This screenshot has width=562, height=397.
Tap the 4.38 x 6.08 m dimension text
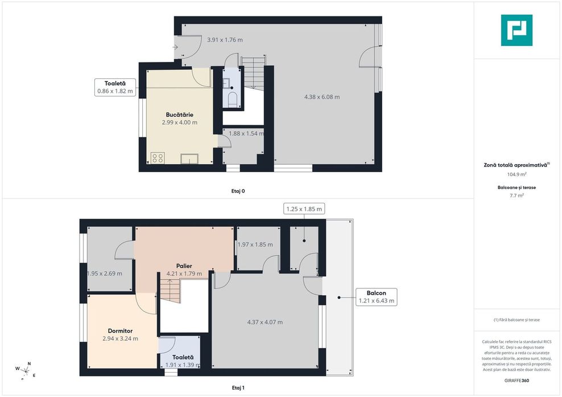click(322, 97)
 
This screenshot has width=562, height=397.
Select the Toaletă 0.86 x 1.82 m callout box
click(115, 86)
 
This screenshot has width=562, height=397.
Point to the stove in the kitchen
click(158, 158)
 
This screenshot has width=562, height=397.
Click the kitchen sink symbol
click(189, 158)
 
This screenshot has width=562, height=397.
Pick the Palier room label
click(184, 266)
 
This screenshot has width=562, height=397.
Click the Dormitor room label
click(120, 331)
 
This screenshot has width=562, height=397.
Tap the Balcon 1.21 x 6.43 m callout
click(376, 297)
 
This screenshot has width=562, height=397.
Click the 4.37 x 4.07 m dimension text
click(265, 322)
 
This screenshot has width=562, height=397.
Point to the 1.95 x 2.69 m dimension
click(104, 273)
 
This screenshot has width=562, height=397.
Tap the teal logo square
click(516, 30)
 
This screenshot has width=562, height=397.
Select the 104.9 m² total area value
click(516, 175)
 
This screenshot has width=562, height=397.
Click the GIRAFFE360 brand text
click(516, 380)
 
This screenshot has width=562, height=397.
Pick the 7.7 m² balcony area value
click(516, 195)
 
